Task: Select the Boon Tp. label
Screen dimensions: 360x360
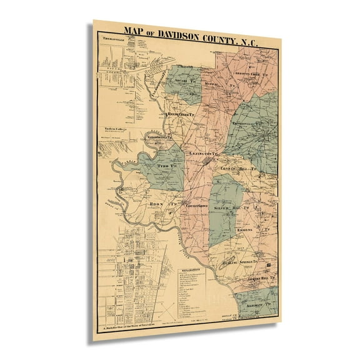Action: click(x=161, y=204)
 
